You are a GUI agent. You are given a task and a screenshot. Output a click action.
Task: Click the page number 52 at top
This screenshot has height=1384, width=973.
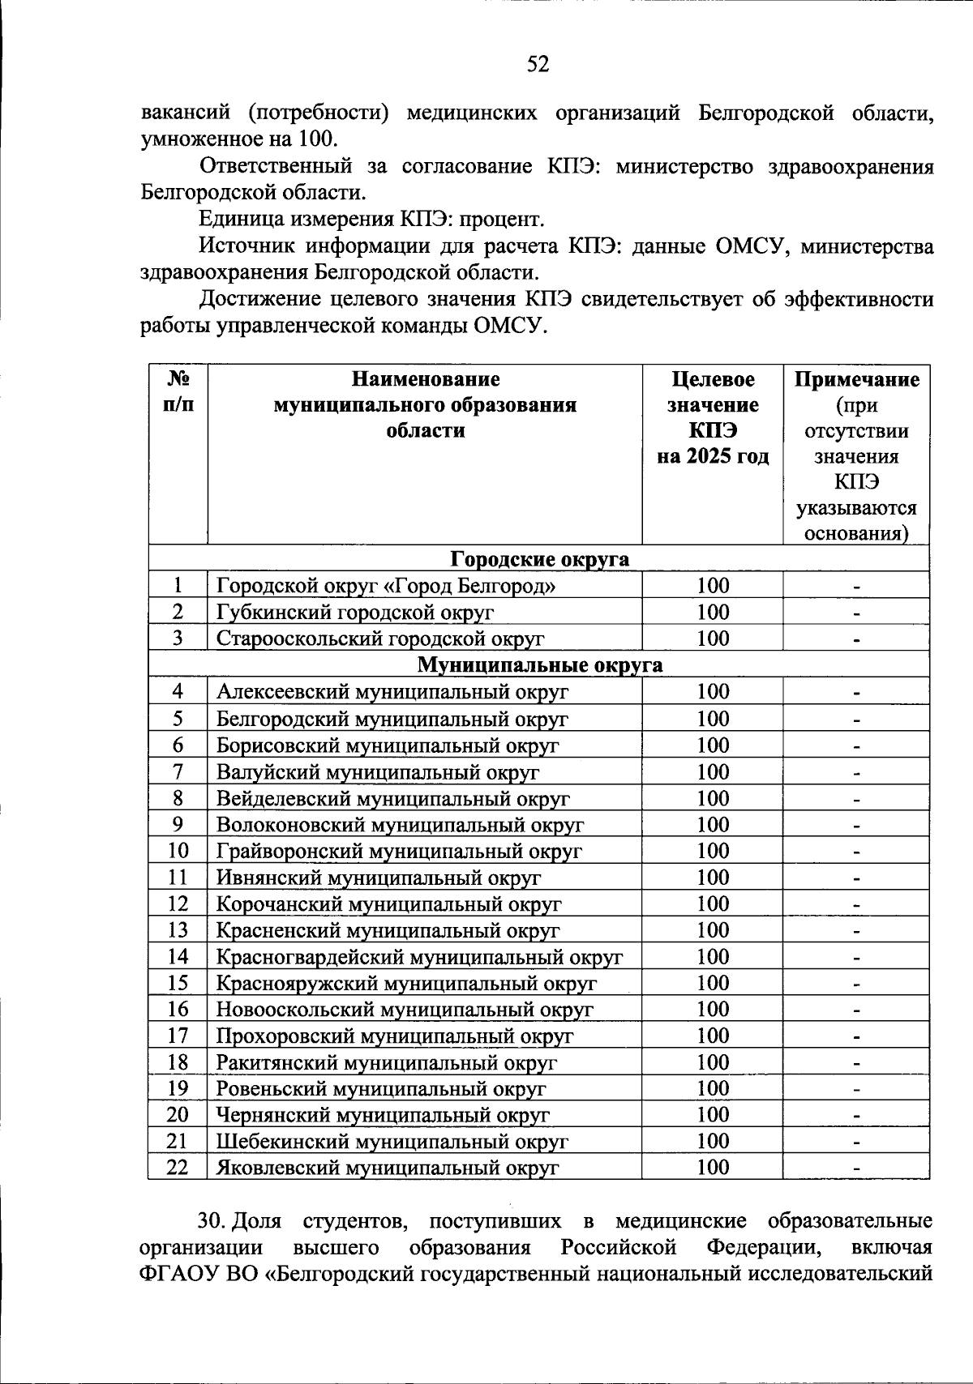tap(538, 64)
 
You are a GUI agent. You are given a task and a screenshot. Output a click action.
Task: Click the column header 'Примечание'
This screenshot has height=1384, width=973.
tap(856, 380)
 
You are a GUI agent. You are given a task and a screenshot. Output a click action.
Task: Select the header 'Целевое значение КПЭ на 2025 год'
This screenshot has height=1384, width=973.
tap(712, 418)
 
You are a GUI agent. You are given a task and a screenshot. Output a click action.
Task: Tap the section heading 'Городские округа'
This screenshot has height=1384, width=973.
tap(539, 559)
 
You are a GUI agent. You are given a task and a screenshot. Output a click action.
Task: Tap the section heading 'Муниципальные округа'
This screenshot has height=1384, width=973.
tap(539, 665)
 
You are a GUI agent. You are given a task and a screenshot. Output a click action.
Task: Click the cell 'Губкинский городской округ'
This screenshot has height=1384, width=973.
tap(354, 613)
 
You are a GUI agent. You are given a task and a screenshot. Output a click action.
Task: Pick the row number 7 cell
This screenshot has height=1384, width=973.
tap(178, 771)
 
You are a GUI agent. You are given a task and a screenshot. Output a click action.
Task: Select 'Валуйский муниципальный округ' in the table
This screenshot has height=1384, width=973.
tap(377, 772)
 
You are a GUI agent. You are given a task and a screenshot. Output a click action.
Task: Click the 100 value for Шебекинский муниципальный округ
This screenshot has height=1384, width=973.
tap(713, 1141)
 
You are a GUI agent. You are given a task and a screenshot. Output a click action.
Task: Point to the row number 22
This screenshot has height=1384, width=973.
tap(178, 1167)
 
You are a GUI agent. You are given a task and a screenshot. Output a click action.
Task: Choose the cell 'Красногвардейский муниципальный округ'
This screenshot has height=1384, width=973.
tap(419, 957)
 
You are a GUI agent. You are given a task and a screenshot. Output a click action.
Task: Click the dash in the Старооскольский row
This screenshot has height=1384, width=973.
tap(856, 639)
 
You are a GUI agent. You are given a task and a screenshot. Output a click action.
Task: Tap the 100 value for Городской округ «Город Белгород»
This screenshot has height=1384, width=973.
tap(713, 586)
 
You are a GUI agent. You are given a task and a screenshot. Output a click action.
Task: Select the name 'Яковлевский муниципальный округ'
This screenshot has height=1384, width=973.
tap(388, 1168)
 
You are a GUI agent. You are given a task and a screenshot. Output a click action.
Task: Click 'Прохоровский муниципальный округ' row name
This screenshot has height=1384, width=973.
tap(394, 1036)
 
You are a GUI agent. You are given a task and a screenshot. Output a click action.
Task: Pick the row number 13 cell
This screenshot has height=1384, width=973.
tap(178, 930)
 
